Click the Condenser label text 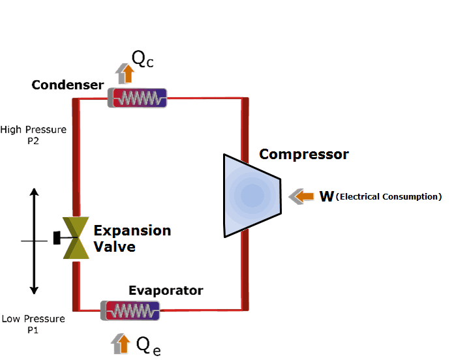click(x=67, y=85)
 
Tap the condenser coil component click(x=137, y=98)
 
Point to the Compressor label click(x=303, y=155)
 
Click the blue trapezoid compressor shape click(x=251, y=195)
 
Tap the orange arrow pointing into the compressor click(x=301, y=196)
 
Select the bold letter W click(x=327, y=196)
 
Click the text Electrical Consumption click(x=389, y=196)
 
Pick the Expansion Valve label click(x=132, y=239)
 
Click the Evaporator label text click(x=166, y=290)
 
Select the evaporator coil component click(x=130, y=310)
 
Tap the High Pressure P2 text click(x=33, y=135)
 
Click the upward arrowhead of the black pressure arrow click(x=35, y=192)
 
